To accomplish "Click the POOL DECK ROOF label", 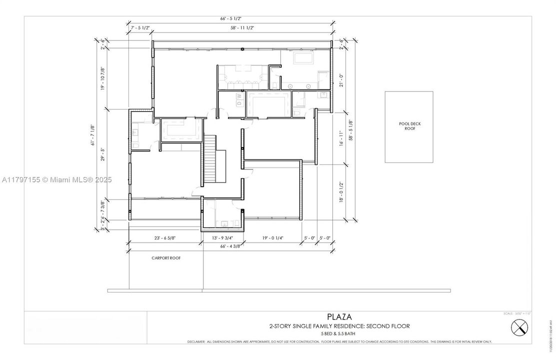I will (409, 125).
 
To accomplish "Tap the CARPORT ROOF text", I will (166, 258).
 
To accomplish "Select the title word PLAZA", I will (339, 316).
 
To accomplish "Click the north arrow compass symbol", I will (520, 328).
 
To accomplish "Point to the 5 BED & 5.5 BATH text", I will (339, 334).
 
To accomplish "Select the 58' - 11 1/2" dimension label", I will (242, 28).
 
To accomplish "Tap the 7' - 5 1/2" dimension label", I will (140, 28).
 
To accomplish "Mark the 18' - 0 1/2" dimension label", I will (342, 191).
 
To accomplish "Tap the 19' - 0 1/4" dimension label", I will (272, 238).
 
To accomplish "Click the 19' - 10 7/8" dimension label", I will (103, 78).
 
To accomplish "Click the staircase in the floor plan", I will (211, 159).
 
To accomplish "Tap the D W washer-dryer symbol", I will (239, 99).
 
